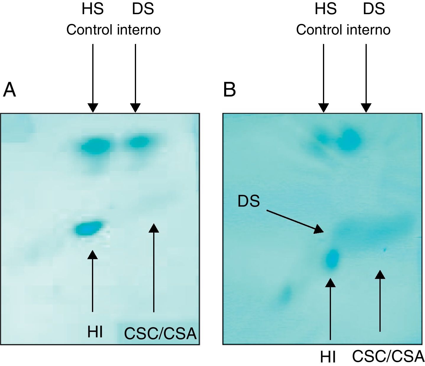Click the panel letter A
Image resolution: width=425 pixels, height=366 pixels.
pos(9,90)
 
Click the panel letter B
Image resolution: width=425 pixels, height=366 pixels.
pos(230,90)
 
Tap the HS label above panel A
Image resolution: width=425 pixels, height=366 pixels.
pos(93,9)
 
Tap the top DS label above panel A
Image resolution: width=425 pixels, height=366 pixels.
pos(143,9)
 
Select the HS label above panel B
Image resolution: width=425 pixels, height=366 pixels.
pos(325,9)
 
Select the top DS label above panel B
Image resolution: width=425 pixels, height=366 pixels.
pos(374,9)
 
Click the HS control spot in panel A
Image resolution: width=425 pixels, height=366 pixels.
pos(96,146)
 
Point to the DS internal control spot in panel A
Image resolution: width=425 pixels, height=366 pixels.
pos(138,143)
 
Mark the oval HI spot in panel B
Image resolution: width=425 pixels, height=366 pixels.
pos(332,258)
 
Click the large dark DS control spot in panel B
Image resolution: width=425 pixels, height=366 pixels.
pos(350,139)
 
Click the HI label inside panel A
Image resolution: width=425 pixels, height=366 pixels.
pos(95,332)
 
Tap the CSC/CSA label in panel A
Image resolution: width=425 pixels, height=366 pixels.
pos(160,334)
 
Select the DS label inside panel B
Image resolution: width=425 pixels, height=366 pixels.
pos(249,202)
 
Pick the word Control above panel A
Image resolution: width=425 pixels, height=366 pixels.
pos(89,30)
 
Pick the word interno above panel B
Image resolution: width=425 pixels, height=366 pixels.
pos(369,30)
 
